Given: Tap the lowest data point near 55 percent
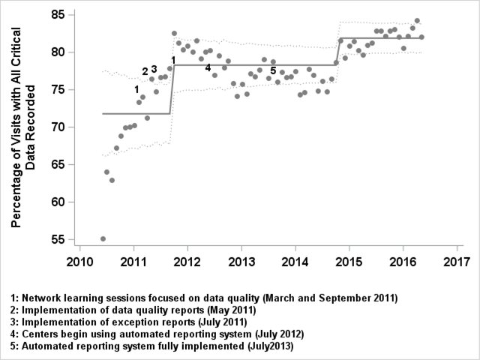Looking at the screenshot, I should (103, 238).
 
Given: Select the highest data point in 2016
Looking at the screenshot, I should (417, 21).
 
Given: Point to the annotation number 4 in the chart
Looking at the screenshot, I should (208, 67).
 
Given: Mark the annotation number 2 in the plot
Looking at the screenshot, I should (145, 71).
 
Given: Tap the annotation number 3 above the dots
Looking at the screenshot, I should (154, 69).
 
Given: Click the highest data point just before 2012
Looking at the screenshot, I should (174, 33).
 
